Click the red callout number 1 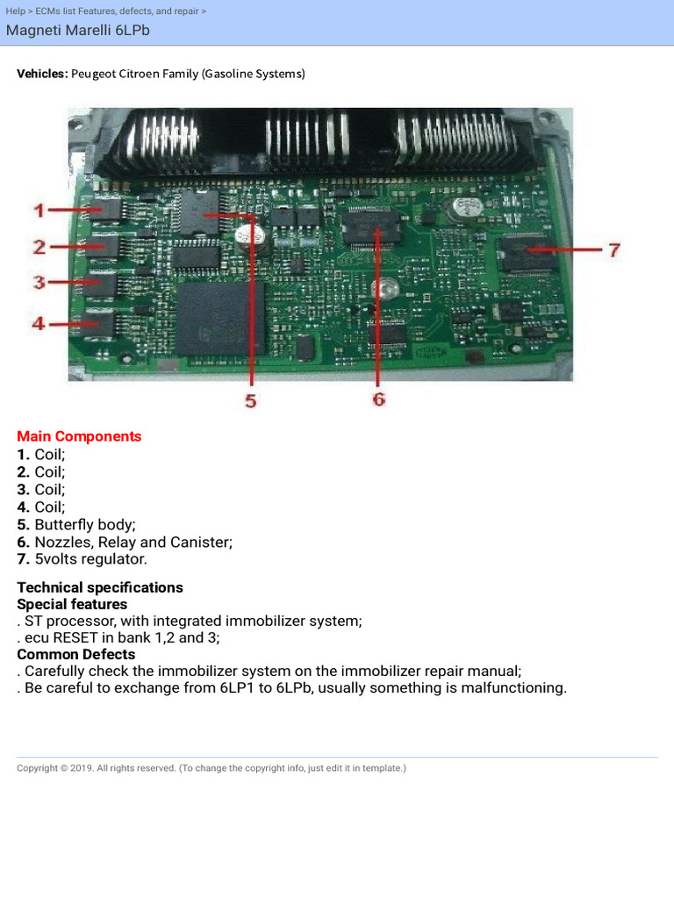[39, 211]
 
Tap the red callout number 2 [39, 247]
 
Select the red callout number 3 [39, 283]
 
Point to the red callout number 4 [39, 324]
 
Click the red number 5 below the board [251, 401]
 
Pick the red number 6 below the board [378, 399]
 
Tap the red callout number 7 [614, 250]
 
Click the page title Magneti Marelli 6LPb [72, 31]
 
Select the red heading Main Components [79, 436]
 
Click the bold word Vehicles [42, 74]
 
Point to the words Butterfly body [85, 524]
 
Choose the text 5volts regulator [90, 559]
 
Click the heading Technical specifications [100, 587]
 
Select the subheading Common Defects [76, 654]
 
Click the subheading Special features [72, 604]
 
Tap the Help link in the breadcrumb [15, 11]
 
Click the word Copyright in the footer [38, 768]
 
